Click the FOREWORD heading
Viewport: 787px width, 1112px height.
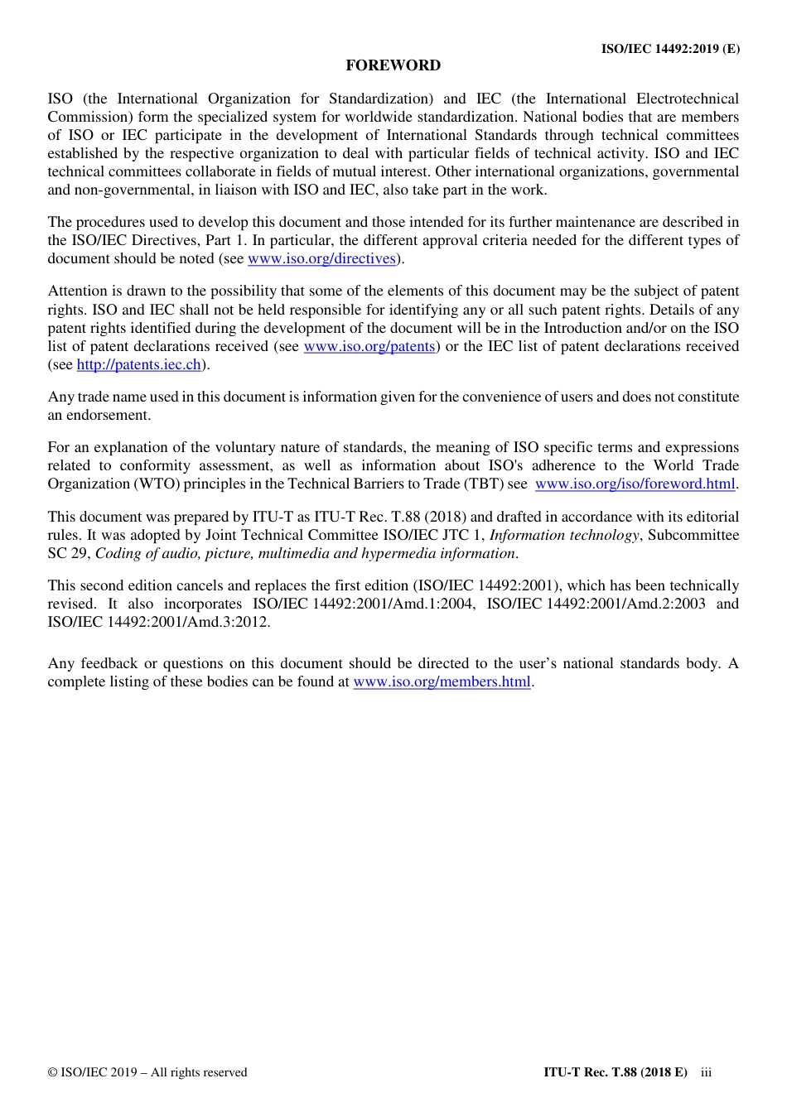pyautogui.click(x=393, y=65)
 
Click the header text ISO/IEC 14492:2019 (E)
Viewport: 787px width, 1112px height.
pyautogui.click(x=670, y=49)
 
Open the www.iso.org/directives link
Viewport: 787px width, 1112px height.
pyautogui.click(x=321, y=259)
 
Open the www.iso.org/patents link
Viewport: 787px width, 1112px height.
pyautogui.click(x=369, y=347)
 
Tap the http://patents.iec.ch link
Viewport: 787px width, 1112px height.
pyautogui.click(x=138, y=365)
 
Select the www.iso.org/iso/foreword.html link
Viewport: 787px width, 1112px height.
pyautogui.click(x=635, y=484)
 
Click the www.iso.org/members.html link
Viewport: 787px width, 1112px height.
pyautogui.click(x=442, y=682)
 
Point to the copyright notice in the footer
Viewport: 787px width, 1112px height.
pyautogui.click(x=147, y=1072)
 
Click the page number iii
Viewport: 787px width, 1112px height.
pyautogui.click(x=706, y=1072)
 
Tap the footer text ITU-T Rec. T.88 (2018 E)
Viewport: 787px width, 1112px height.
pyautogui.click(x=615, y=1072)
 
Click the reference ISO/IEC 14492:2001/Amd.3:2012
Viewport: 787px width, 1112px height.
pyautogui.click(x=158, y=622)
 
